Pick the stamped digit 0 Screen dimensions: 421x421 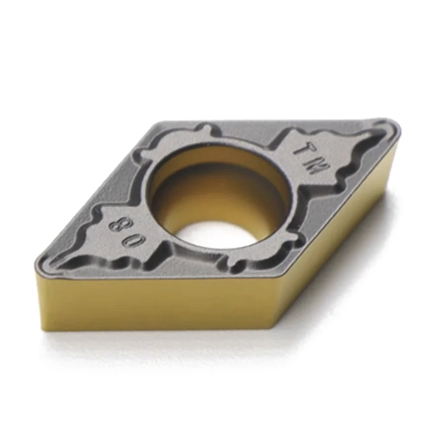[135, 241]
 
